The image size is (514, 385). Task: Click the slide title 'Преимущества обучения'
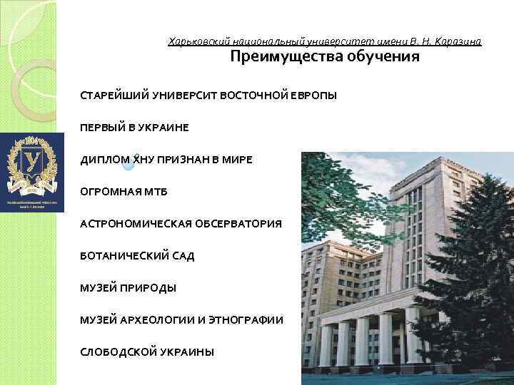click(x=324, y=57)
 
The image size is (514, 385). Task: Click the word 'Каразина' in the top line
click(x=459, y=41)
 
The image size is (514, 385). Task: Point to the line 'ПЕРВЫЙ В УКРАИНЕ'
click(x=134, y=128)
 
